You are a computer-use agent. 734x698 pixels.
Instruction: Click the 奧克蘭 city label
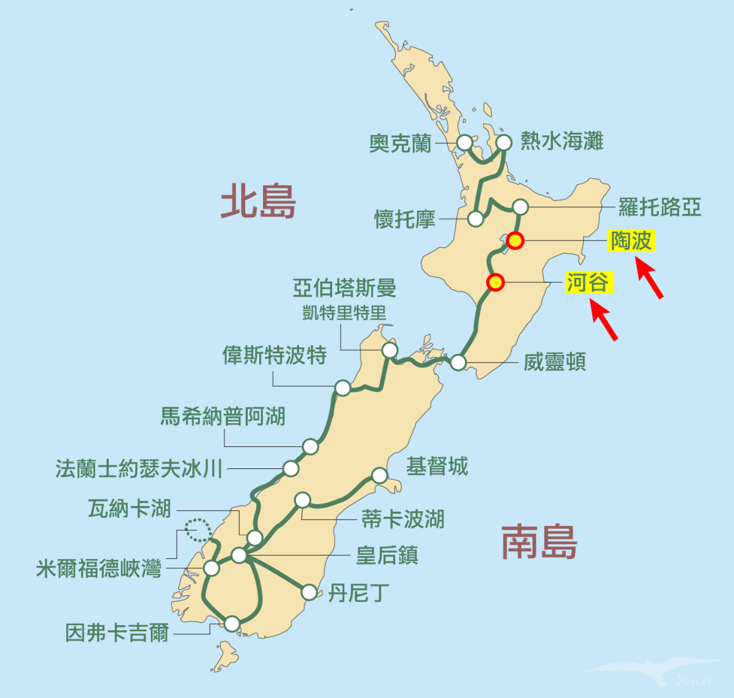tap(400, 144)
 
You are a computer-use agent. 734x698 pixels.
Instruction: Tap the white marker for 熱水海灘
tap(504, 143)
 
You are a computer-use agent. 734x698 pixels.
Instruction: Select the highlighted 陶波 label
tap(631, 241)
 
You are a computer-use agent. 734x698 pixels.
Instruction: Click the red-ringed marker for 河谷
tap(495, 282)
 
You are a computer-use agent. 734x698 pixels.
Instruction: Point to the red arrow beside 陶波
tap(650, 279)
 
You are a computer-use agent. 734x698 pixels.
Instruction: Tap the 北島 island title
tap(258, 201)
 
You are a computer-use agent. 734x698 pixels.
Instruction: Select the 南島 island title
tap(539, 542)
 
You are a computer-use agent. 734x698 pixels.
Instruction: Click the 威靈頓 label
tap(555, 362)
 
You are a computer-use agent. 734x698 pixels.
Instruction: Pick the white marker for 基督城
tap(380, 475)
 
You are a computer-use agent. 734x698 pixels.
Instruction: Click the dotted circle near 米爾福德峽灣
tap(198, 529)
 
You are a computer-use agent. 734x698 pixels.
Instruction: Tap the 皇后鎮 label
tap(387, 555)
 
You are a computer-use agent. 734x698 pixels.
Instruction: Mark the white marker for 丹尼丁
tap(310, 592)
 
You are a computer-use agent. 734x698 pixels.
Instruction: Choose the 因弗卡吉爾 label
tap(117, 632)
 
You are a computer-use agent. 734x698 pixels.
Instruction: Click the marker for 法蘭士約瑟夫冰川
tap(291, 469)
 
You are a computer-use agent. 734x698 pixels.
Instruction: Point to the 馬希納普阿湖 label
tap(223, 416)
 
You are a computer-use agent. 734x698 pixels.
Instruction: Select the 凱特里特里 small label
tap(344, 313)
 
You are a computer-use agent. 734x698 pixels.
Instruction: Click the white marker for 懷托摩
tap(475, 219)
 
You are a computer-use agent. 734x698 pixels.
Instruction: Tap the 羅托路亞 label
tap(659, 207)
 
